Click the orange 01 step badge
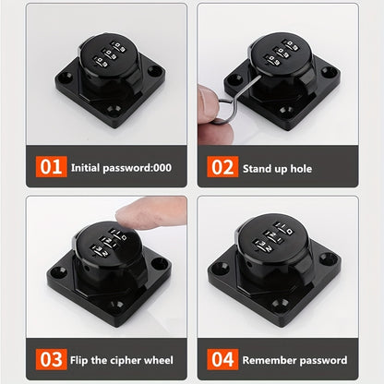click(51, 167)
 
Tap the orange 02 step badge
click(222, 167)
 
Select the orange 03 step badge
click(51, 359)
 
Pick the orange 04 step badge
click(222, 359)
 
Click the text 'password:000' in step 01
click(137, 168)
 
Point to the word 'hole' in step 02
click(301, 168)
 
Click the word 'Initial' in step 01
click(85, 168)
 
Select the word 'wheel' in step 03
click(159, 360)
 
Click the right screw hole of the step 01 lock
click(155, 71)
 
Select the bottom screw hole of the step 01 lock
click(114, 109)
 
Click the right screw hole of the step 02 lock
click(329, 73)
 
